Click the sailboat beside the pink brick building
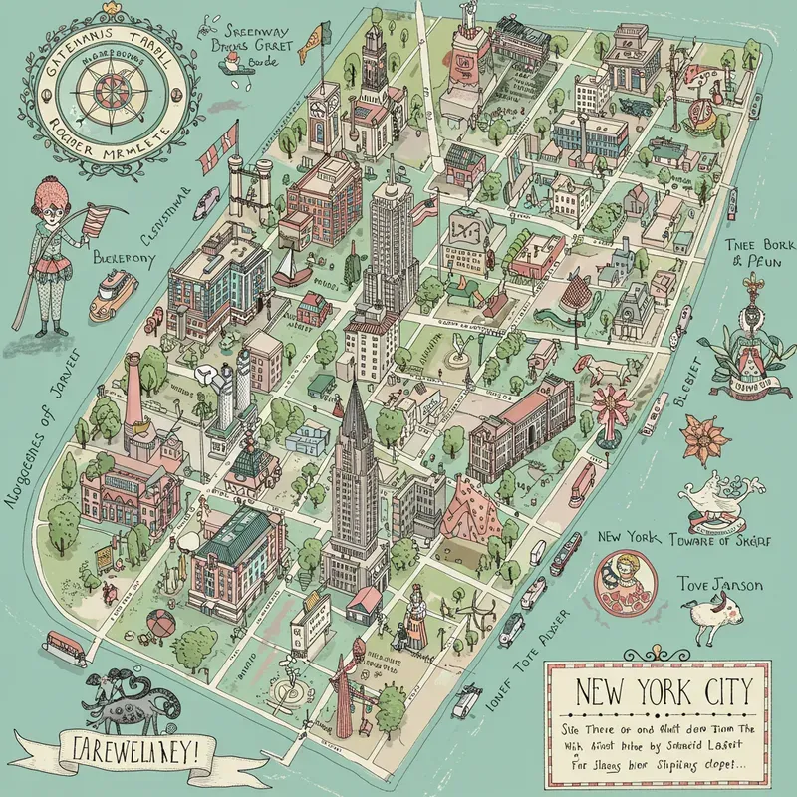coord(287,265)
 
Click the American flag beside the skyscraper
coord(426,210)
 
